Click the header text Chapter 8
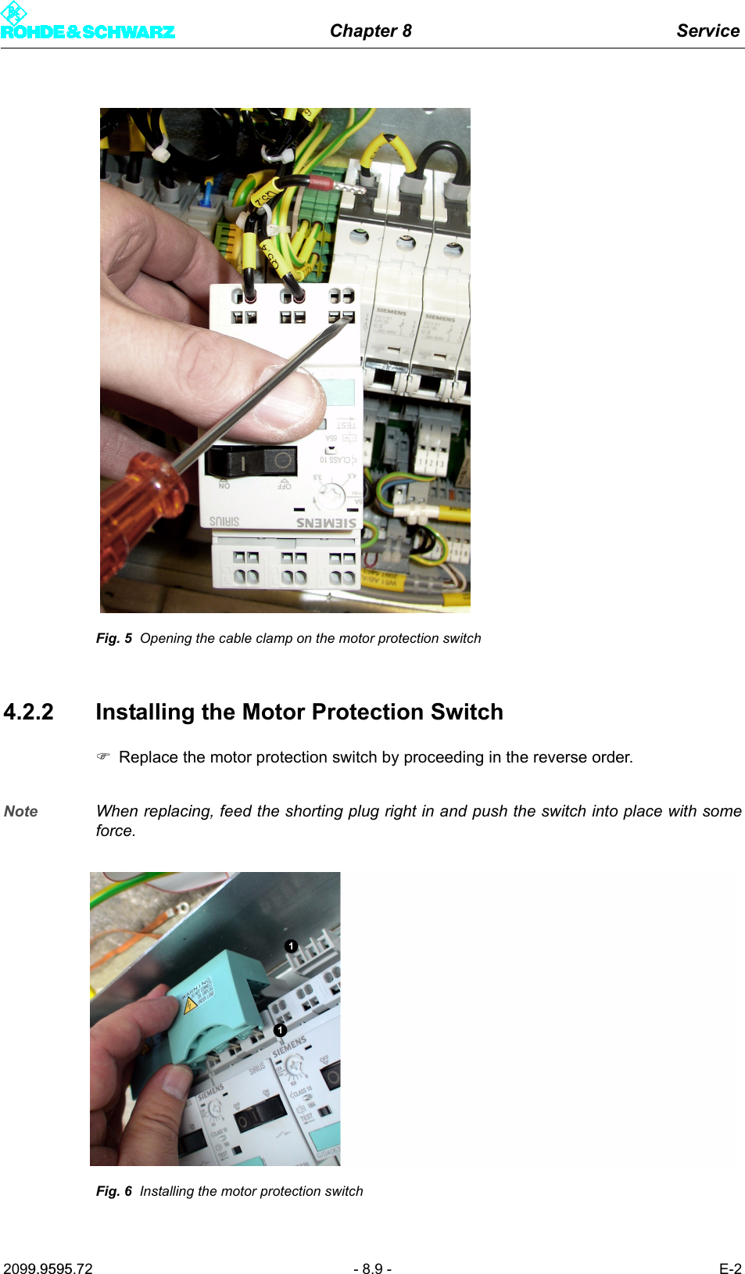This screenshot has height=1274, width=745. (371, 31)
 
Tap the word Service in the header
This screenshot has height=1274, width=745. (707, 31)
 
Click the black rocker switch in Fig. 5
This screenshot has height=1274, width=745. (250, 461)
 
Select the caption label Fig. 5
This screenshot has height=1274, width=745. (114, 638)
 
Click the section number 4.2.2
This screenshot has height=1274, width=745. (29, 712)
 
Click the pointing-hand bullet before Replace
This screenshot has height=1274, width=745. (103, 757)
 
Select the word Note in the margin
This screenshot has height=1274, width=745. (21, 811)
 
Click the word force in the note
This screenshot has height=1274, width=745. (114, 831)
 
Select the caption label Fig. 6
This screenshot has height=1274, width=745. (114, 1191)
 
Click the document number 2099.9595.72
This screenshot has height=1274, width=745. (48, 1269)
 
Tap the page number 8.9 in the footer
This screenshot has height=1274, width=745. (372, 1269)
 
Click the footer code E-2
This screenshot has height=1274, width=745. (730, 1269)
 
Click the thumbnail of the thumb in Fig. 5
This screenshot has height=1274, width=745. (289, 399)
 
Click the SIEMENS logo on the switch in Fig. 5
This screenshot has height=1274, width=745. (326, 522)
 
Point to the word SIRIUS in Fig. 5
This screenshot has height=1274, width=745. (224, 521)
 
